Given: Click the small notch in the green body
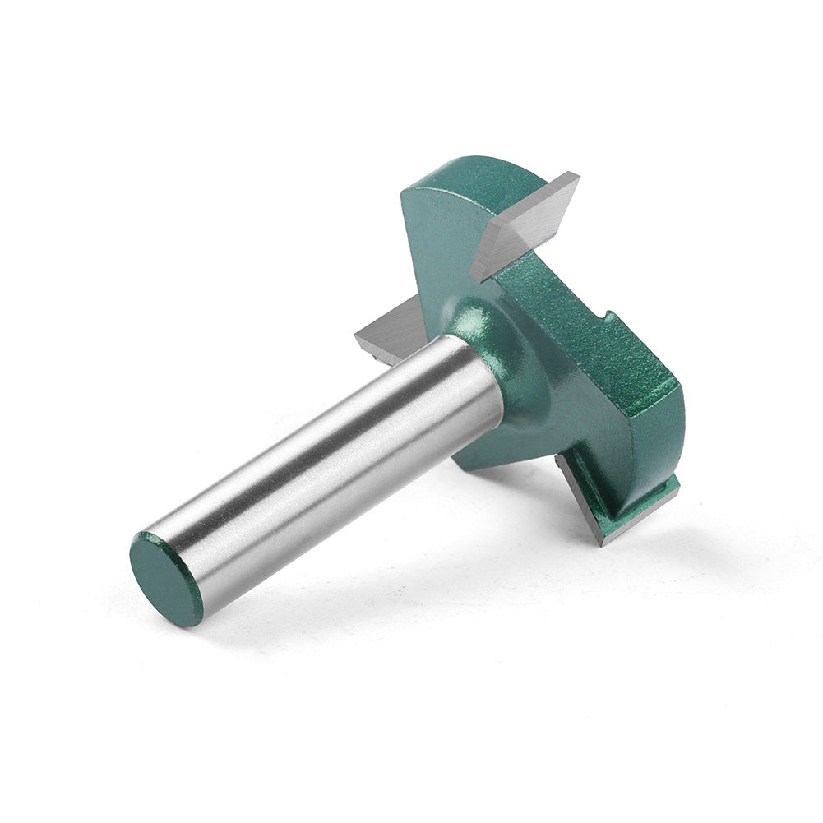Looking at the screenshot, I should tap(607, 317).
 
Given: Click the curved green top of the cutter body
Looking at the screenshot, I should tap(485, 169).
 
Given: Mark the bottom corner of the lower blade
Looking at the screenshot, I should tap(603, 542).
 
